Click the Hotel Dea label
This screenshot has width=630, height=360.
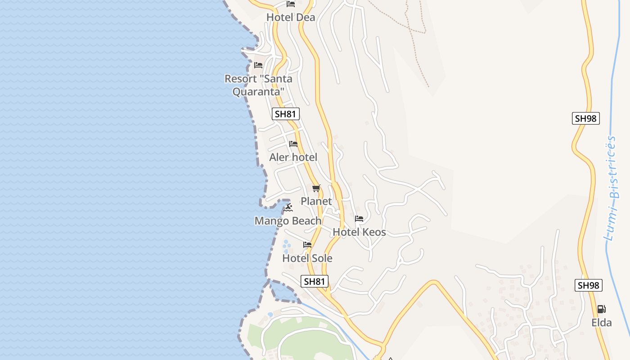point(291,18)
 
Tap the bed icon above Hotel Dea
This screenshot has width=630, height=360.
point(291,4)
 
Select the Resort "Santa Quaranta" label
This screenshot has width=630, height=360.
point(258,85)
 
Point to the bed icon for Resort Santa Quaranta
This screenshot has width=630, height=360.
point(258,65)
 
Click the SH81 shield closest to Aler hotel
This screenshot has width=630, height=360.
point(286,114)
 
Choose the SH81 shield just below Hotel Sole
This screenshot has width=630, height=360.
point(315,282)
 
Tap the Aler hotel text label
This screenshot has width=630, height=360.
point(293,157)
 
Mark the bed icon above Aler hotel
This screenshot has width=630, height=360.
point(293,144)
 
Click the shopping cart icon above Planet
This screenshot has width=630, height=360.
point(316,188)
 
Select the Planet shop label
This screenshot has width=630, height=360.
point(316,201)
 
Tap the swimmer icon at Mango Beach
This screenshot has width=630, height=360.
point(288,207)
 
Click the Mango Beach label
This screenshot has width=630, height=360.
point(288,221)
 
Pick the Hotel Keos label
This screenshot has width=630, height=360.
point(359,232)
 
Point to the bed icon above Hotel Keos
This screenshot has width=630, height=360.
point(359,219)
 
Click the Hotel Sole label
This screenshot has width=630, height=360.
point(307,258)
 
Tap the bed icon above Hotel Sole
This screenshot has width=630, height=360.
point(307,245)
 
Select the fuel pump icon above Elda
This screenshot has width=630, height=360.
point(601,309)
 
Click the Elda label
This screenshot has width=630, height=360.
point(602,323)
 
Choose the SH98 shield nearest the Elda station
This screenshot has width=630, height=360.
point(589,285)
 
